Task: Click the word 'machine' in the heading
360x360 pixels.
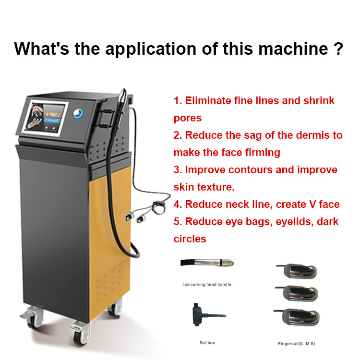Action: (293, 48)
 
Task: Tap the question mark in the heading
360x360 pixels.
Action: (338, 48)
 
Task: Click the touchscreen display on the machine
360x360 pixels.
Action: (45, 118)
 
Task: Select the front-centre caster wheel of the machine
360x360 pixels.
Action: (80, 334)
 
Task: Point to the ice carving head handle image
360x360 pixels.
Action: (207, 263)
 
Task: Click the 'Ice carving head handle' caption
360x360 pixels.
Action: (207, 285)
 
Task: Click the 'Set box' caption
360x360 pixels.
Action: (207, 343)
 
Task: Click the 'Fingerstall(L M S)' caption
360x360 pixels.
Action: (297, 344)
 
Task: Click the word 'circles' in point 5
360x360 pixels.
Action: (190, 239)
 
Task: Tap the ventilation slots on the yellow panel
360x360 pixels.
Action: (111, 281)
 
